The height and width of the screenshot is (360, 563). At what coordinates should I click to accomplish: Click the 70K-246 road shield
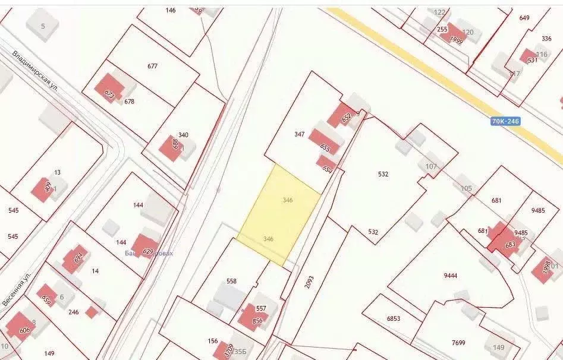505,121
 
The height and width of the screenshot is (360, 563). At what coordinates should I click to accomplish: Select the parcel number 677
153,66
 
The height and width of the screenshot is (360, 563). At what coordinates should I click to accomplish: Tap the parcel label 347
299,134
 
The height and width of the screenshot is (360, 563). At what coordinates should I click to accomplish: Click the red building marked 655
325,144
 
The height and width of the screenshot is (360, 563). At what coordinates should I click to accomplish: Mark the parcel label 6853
394,318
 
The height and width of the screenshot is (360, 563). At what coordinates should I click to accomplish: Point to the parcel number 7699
458,343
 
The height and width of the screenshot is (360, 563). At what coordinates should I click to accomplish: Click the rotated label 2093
309,282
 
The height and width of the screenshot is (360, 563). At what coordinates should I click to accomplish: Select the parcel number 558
231,281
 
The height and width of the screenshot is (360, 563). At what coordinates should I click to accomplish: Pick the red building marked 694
76,258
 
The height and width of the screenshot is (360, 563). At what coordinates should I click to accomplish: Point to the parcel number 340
183,135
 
